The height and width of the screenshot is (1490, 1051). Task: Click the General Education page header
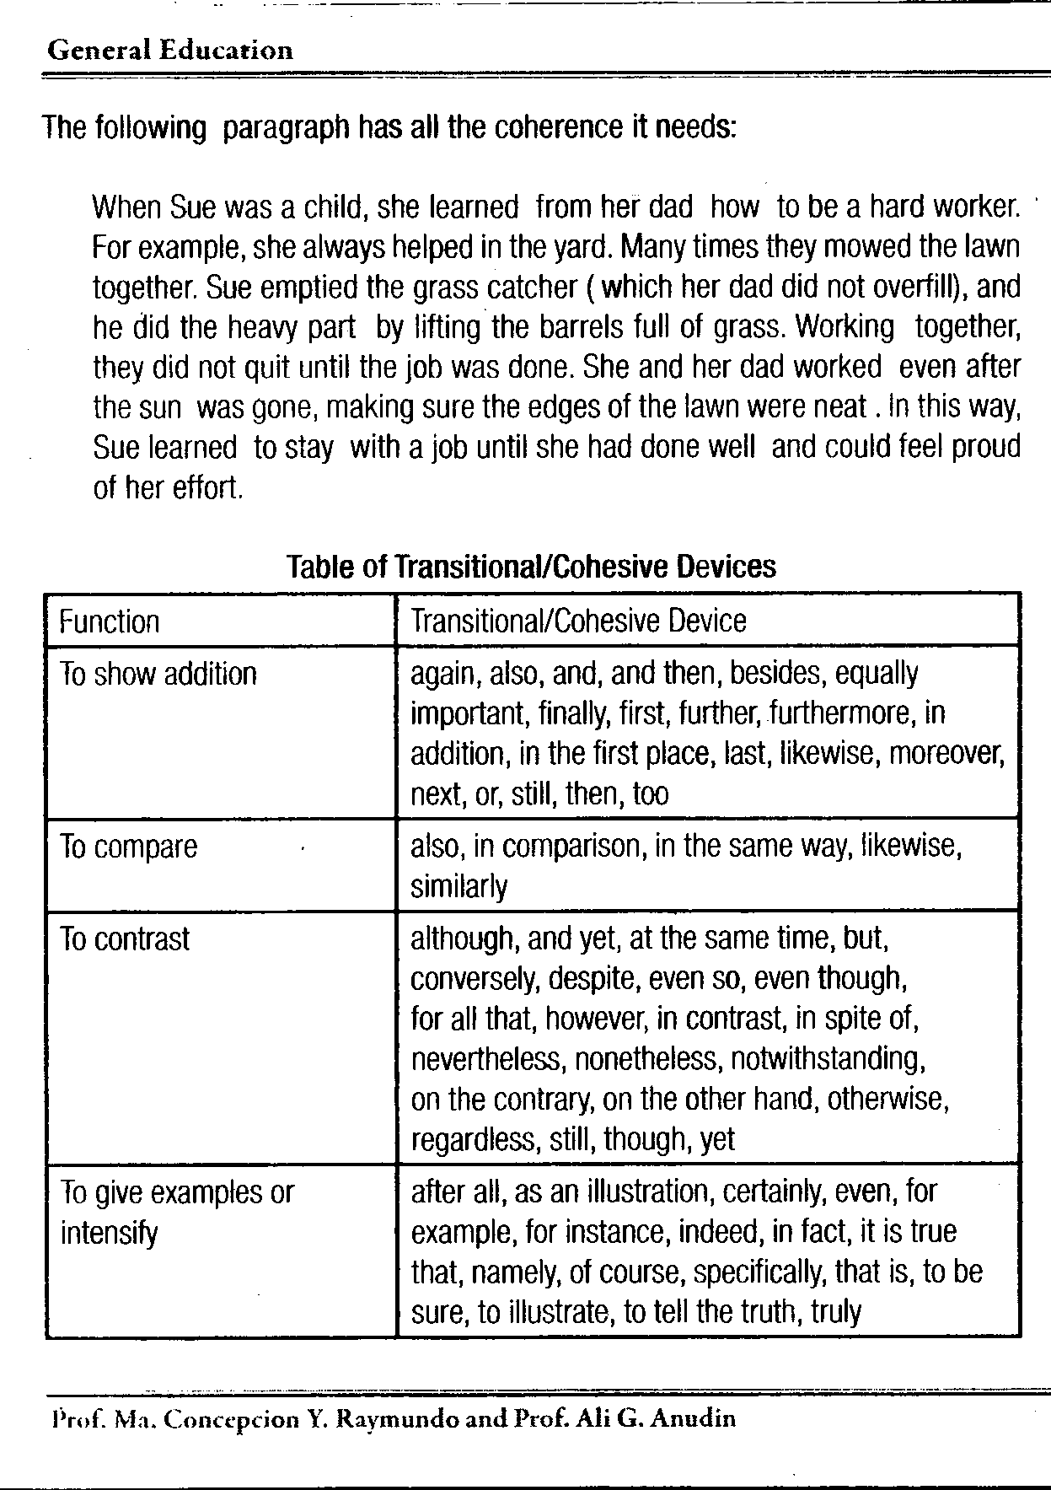(x=170, y=51)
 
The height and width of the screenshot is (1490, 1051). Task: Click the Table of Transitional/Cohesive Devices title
(x=531, y=566)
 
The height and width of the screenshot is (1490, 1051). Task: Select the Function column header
(x=110, y=622)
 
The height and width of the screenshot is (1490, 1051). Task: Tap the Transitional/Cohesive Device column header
(x=578, y=621)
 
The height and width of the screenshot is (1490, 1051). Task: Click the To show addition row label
(x=158, y=674)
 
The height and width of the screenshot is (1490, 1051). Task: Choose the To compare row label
(x=129, y=847)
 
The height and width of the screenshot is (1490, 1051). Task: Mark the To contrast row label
(x=126, y=939)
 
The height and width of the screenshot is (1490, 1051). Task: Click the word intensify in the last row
(x=109, y=1234)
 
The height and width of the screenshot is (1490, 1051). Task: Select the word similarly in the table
(x=459, y=887)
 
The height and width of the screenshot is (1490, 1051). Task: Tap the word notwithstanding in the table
(x=828, y=1058)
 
